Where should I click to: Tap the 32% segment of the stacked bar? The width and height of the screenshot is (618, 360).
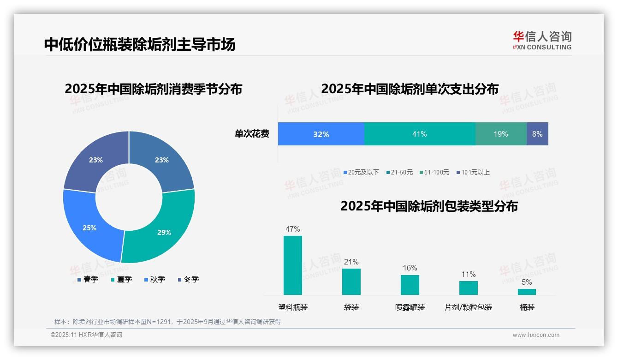coord(321,134)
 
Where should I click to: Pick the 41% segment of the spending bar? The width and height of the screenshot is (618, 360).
coord(420,134)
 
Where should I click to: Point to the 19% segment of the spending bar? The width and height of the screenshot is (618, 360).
coord(501,134)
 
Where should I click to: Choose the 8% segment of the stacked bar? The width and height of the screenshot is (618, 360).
coord(537,134)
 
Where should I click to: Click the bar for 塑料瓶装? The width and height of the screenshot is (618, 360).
coord(293,265)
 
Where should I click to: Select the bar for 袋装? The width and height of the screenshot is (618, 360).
coord(351,282)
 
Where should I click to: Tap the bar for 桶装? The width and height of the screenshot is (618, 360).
coord(527,292)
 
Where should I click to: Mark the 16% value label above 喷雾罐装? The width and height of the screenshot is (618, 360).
coord(410,268)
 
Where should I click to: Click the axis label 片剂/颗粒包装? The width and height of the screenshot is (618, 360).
coord(468,307)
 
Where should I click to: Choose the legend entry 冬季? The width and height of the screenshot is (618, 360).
coord(188,280)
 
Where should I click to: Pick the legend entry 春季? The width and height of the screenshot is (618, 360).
coord(88,280)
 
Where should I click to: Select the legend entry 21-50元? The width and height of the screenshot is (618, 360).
coord(399,173)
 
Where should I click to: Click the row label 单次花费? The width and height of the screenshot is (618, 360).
coord(252,134)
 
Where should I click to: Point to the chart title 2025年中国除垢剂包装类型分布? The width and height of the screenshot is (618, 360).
coord(429,206)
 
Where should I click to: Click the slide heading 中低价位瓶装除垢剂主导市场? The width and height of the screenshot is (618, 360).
coord(140,44)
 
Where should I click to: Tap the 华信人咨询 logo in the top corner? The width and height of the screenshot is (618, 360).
coord(542,40)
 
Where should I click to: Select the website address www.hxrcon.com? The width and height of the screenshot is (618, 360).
coord(536,335)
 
